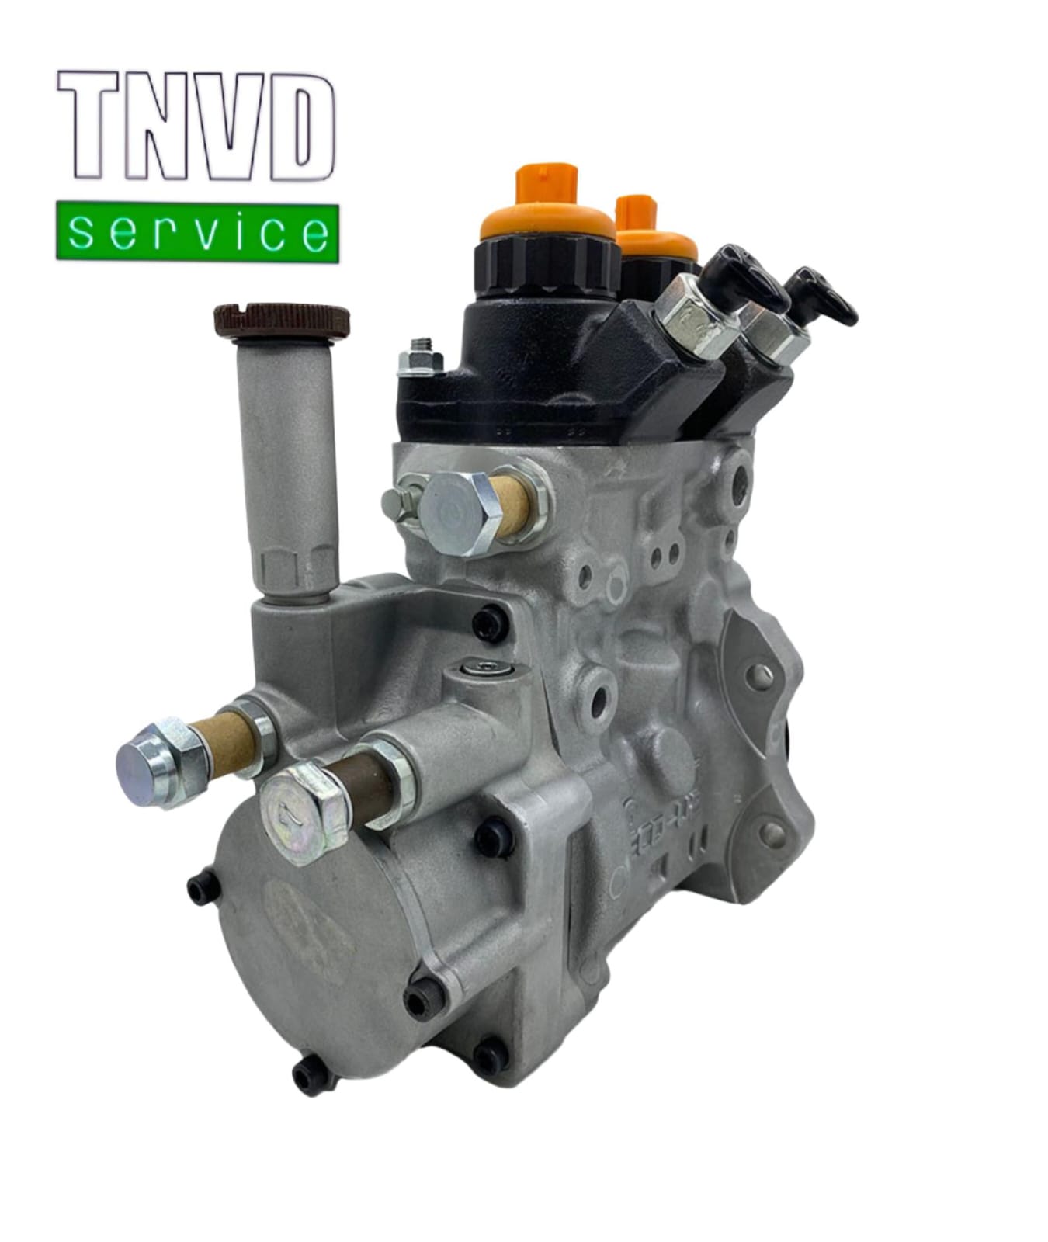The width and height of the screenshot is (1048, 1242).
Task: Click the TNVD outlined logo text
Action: coord(196,127)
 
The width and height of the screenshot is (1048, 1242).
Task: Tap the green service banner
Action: coord(197,232)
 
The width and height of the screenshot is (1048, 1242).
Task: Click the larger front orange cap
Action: coord(547,210)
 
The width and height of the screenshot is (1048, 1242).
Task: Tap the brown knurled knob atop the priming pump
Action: coord(281,319)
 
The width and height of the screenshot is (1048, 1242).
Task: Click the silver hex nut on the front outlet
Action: coord(693,317)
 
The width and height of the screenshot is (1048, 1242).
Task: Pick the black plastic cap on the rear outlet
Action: coord(823,299)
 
